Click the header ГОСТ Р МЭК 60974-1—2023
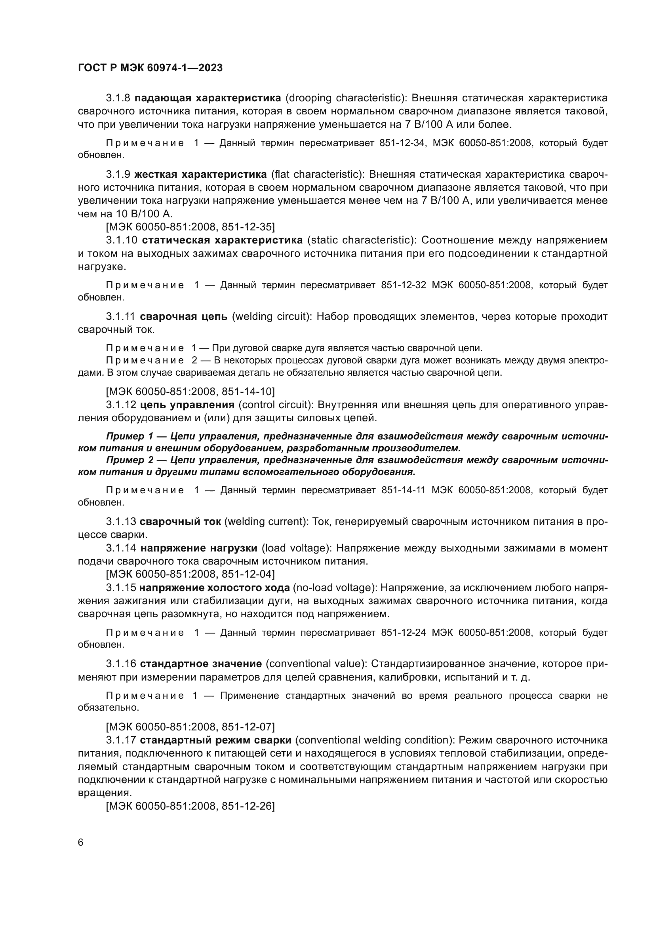(150, 68)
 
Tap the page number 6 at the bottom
(81, 842)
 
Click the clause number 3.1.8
(118, 98)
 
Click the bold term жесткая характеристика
(200, 174)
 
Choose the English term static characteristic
(362, 240)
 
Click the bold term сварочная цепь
(183, 317)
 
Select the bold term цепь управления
(187, 405)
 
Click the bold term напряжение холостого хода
(215, 587)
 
